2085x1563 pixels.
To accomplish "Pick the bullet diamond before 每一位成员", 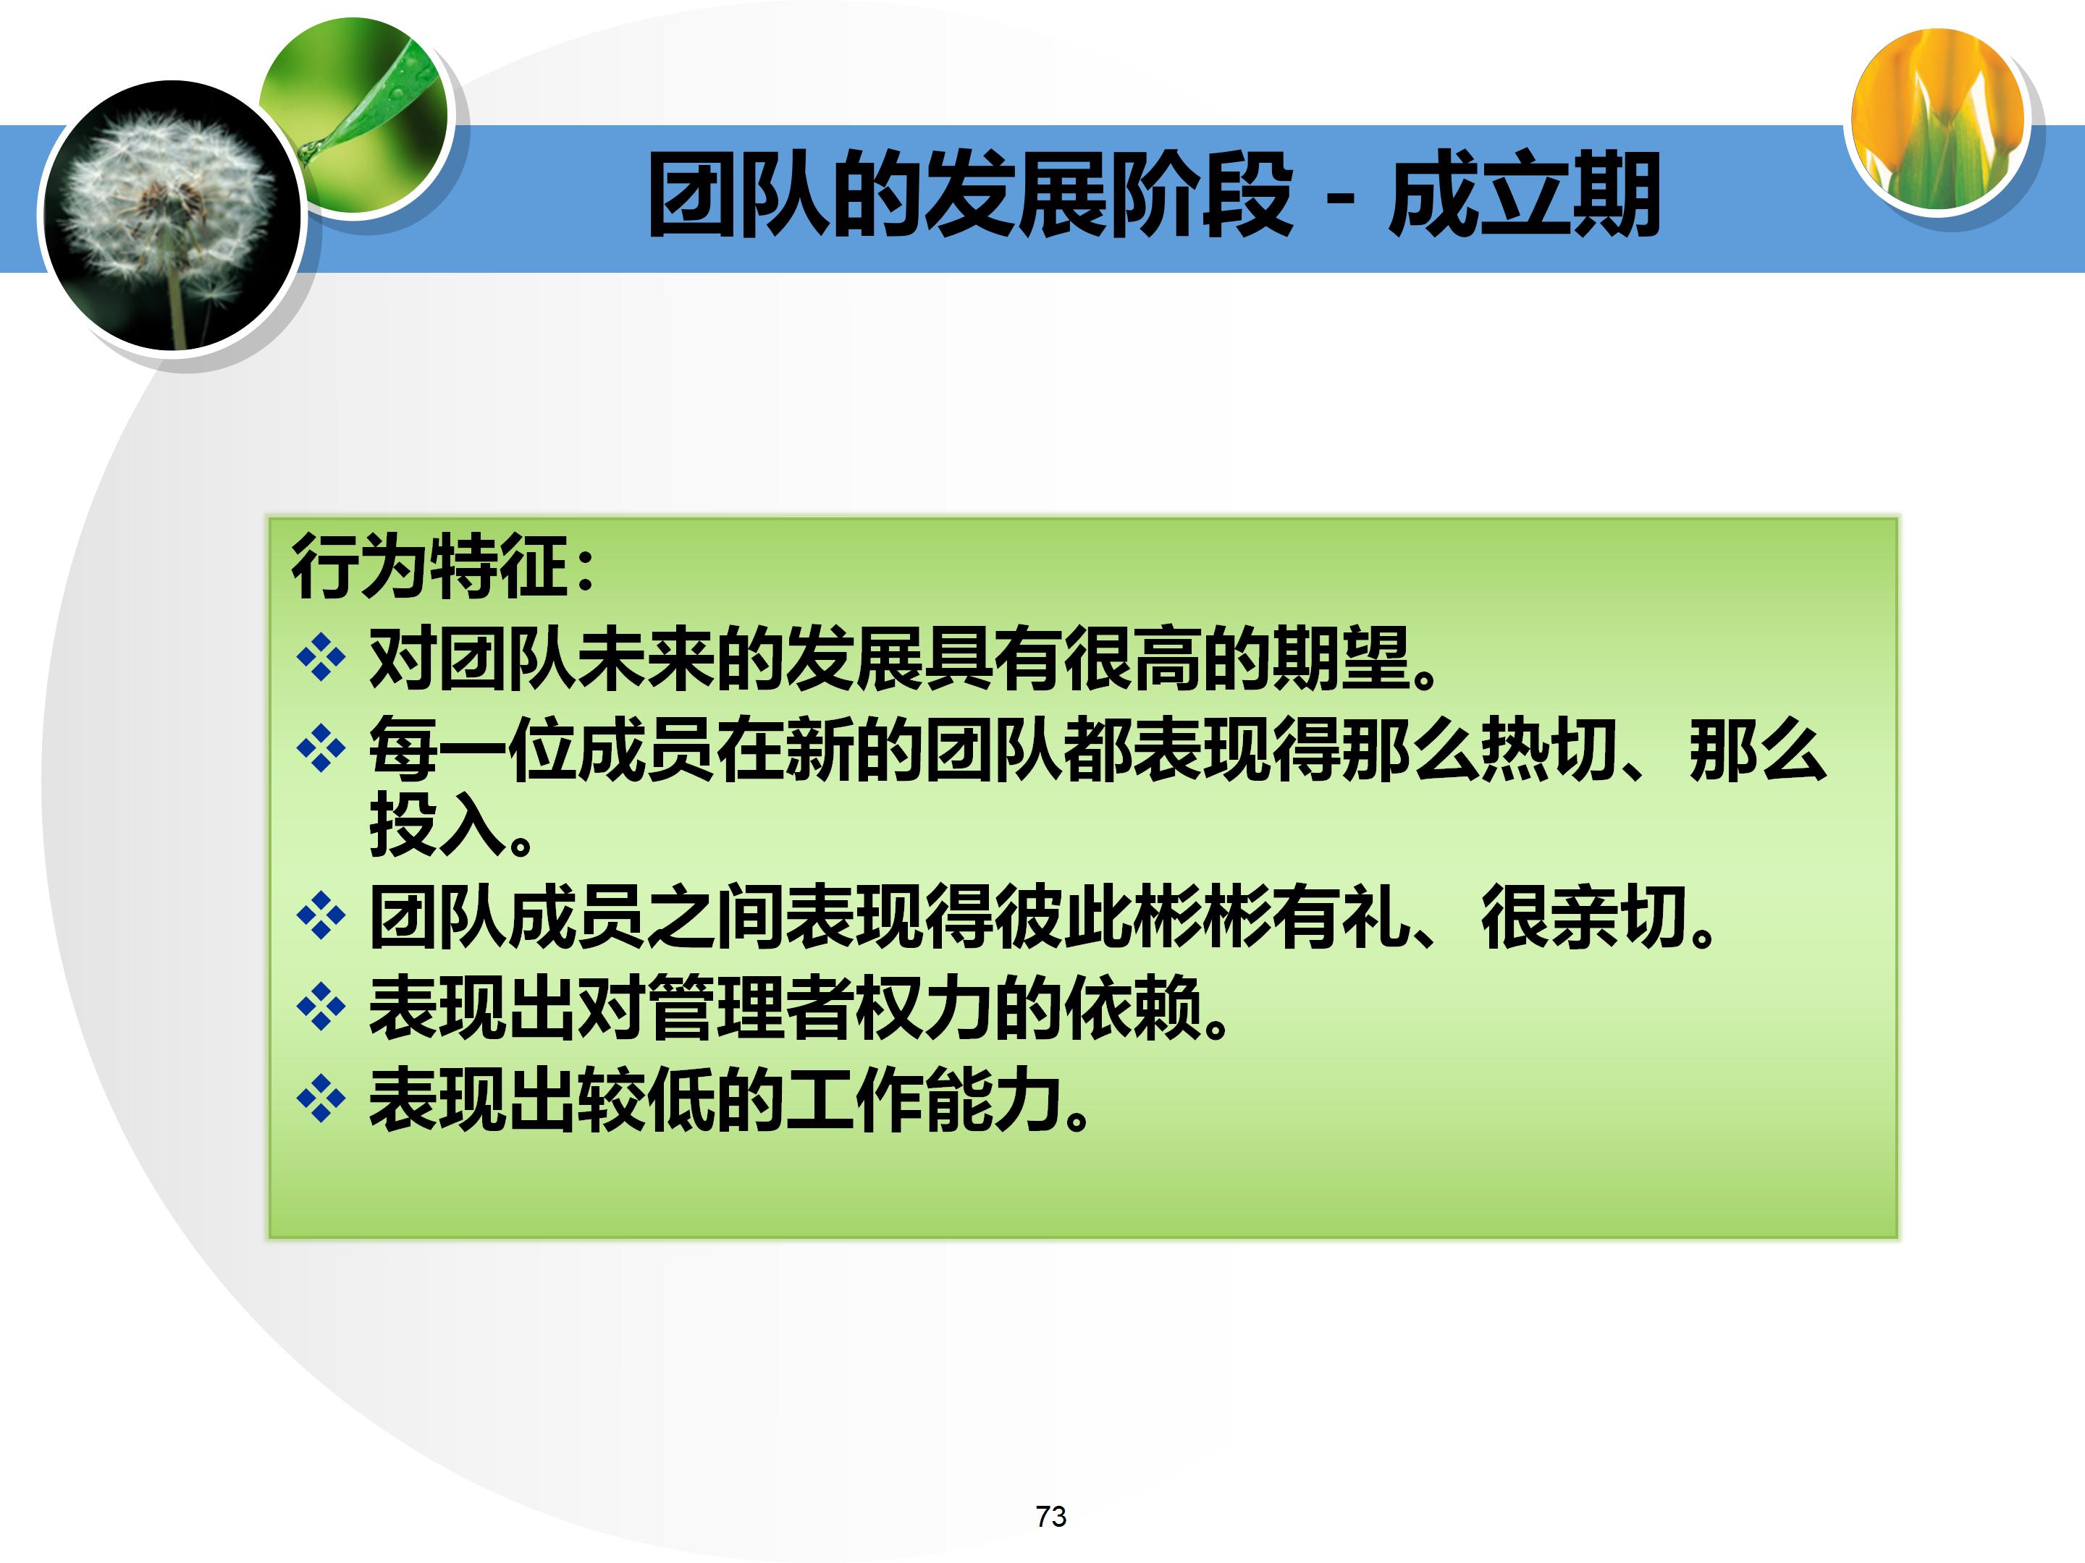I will coord(321,749).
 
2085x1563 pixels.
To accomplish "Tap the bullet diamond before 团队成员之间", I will coord(321,916).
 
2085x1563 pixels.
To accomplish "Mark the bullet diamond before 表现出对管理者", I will coord(321,1007).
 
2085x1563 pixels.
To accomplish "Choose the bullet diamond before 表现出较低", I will coord(321,1098).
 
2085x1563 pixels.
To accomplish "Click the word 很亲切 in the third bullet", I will coord(1583,917).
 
